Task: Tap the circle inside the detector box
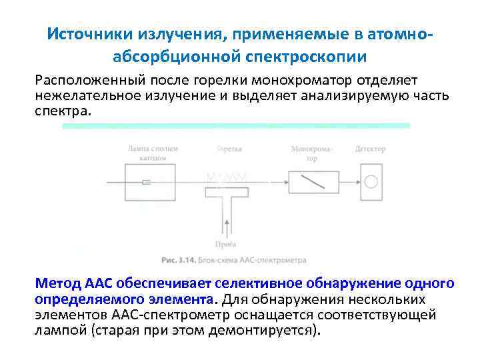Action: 371,181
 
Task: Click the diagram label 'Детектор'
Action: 371,149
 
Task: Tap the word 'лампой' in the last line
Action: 57,330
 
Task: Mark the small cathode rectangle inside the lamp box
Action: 147,181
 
